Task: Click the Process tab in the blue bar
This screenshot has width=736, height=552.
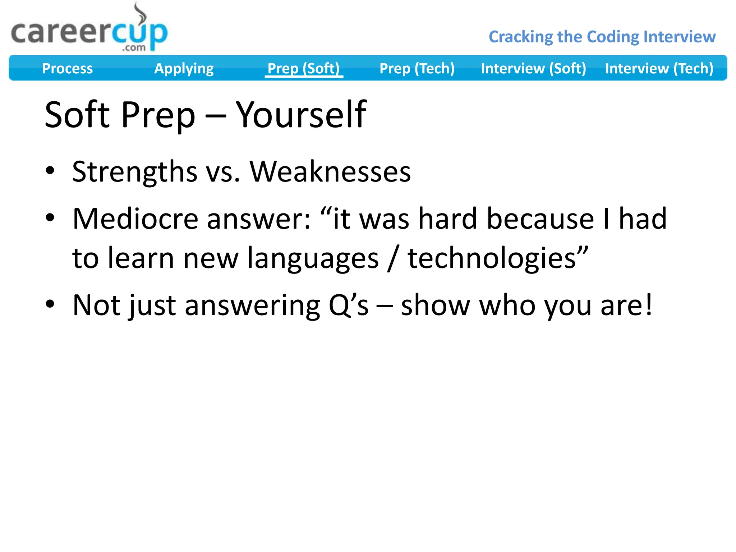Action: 67,68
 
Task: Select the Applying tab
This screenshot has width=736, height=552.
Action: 184,68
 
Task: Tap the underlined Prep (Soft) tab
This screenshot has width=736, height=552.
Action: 304,68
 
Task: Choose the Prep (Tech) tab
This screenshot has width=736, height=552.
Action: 417,68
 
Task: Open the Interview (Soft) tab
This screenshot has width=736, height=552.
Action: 533,68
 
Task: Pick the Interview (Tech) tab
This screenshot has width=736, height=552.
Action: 659,68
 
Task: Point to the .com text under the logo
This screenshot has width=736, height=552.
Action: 134,47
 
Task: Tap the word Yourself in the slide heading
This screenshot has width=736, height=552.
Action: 301,115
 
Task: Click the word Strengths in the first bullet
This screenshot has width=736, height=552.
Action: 134,172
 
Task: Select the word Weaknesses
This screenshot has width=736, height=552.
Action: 330,172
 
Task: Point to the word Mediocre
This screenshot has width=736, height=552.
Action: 135,219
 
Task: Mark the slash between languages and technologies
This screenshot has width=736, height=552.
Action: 393,259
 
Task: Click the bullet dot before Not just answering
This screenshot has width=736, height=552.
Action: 50,304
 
